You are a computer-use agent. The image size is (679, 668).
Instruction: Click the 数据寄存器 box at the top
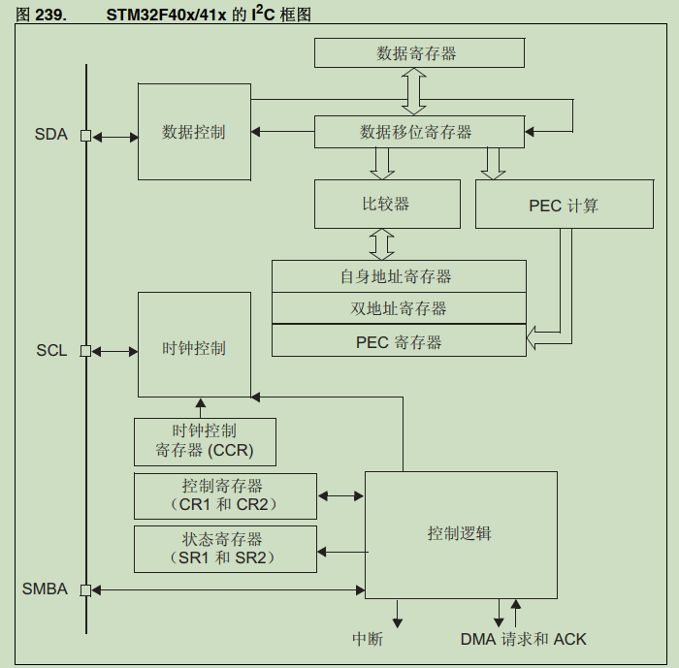coord(418,52)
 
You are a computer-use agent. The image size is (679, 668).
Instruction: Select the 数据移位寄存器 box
coord(418,131)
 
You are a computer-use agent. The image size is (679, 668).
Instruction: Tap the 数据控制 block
coord(194,131)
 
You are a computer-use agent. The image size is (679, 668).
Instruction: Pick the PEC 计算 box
coord(564,205)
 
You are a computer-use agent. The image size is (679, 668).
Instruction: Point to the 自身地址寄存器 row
coord(398,276)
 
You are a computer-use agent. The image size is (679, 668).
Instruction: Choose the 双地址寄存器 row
coord(398,308)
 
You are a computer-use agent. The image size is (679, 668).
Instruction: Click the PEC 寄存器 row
coord(398,341)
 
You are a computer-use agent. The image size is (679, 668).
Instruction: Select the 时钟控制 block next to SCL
coord(194,347)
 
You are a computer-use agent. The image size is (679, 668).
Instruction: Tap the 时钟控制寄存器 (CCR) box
coord(205,441)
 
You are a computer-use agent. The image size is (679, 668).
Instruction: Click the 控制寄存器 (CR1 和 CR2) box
coord(225,495)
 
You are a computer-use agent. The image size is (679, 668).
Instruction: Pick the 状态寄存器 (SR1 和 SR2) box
coord(225,549)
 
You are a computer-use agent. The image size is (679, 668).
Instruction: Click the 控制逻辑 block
coord(460,533)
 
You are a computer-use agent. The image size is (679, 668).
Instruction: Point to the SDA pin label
coord(51,135)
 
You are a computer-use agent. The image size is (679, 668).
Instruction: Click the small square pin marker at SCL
coord(85,351)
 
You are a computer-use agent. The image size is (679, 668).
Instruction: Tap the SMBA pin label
coord(46,588)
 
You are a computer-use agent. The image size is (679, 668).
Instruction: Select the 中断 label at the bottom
coord(368,639)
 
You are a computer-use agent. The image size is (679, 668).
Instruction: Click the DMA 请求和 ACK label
coord(523,639)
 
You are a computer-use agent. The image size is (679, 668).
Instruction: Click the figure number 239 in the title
coord(50,13)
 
